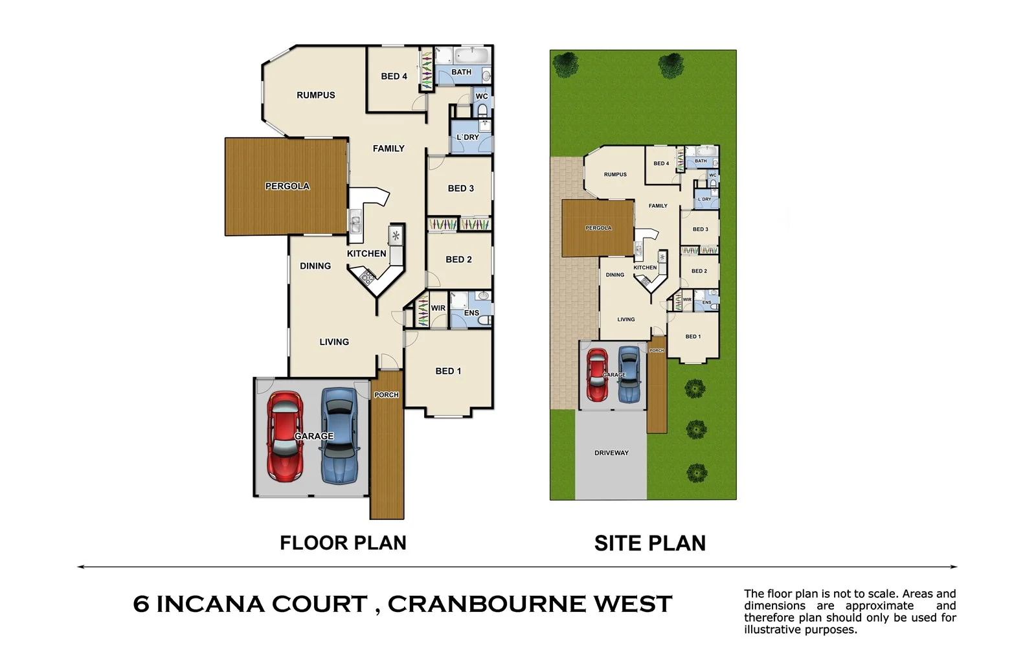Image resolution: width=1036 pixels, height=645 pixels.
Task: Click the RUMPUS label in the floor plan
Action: pos(315,95)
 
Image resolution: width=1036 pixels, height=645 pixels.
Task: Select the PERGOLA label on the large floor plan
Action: pos(287,187)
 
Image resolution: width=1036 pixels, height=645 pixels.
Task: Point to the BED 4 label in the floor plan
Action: pos(394,76)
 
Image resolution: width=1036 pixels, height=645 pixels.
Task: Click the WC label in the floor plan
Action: pos(482,96)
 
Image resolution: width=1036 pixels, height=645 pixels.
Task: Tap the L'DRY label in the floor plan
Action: pos(467,137)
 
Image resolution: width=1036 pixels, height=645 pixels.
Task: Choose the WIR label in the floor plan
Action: pos(438,308)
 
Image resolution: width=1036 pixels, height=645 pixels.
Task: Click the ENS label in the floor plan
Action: pos(471,313)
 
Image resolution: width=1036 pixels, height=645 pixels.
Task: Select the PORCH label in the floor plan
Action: pos(387,395)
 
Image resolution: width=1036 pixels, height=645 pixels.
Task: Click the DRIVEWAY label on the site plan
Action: pos(611,453)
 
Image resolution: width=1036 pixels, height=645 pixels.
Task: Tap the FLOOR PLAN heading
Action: pos(343,543)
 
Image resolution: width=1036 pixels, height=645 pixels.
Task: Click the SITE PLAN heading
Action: pos(649,543)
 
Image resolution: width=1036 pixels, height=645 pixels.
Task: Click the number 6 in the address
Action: pos(141,604)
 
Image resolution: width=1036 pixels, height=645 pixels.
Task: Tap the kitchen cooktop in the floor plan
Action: pos(368,278)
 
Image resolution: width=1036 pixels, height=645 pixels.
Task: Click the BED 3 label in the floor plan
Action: pos(460,188)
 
